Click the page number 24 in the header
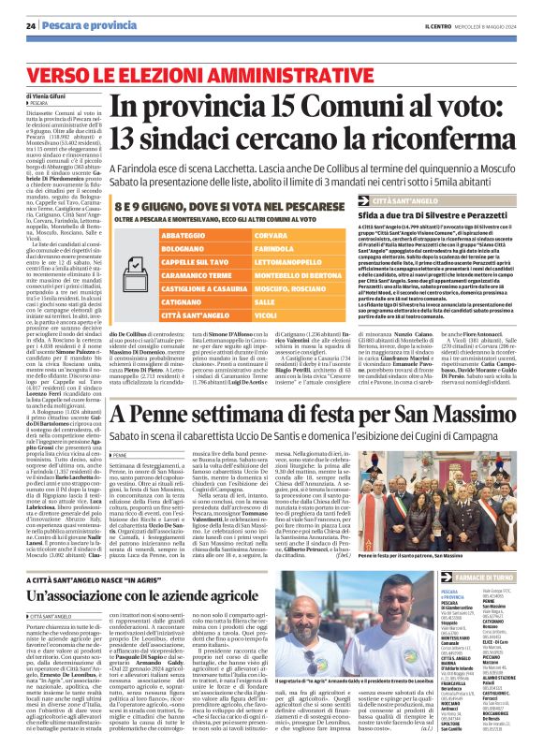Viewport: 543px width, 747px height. coord(31,23)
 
